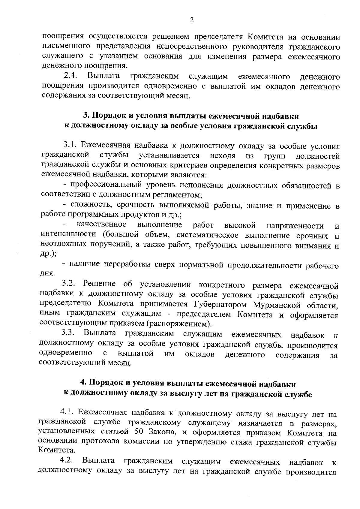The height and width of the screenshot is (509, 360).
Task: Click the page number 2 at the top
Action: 192,20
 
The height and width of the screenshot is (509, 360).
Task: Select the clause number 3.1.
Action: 71,146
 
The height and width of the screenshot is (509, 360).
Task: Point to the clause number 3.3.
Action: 69,334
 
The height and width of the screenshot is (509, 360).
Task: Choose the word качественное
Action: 101,225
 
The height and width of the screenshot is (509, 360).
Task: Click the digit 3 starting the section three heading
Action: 85,116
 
